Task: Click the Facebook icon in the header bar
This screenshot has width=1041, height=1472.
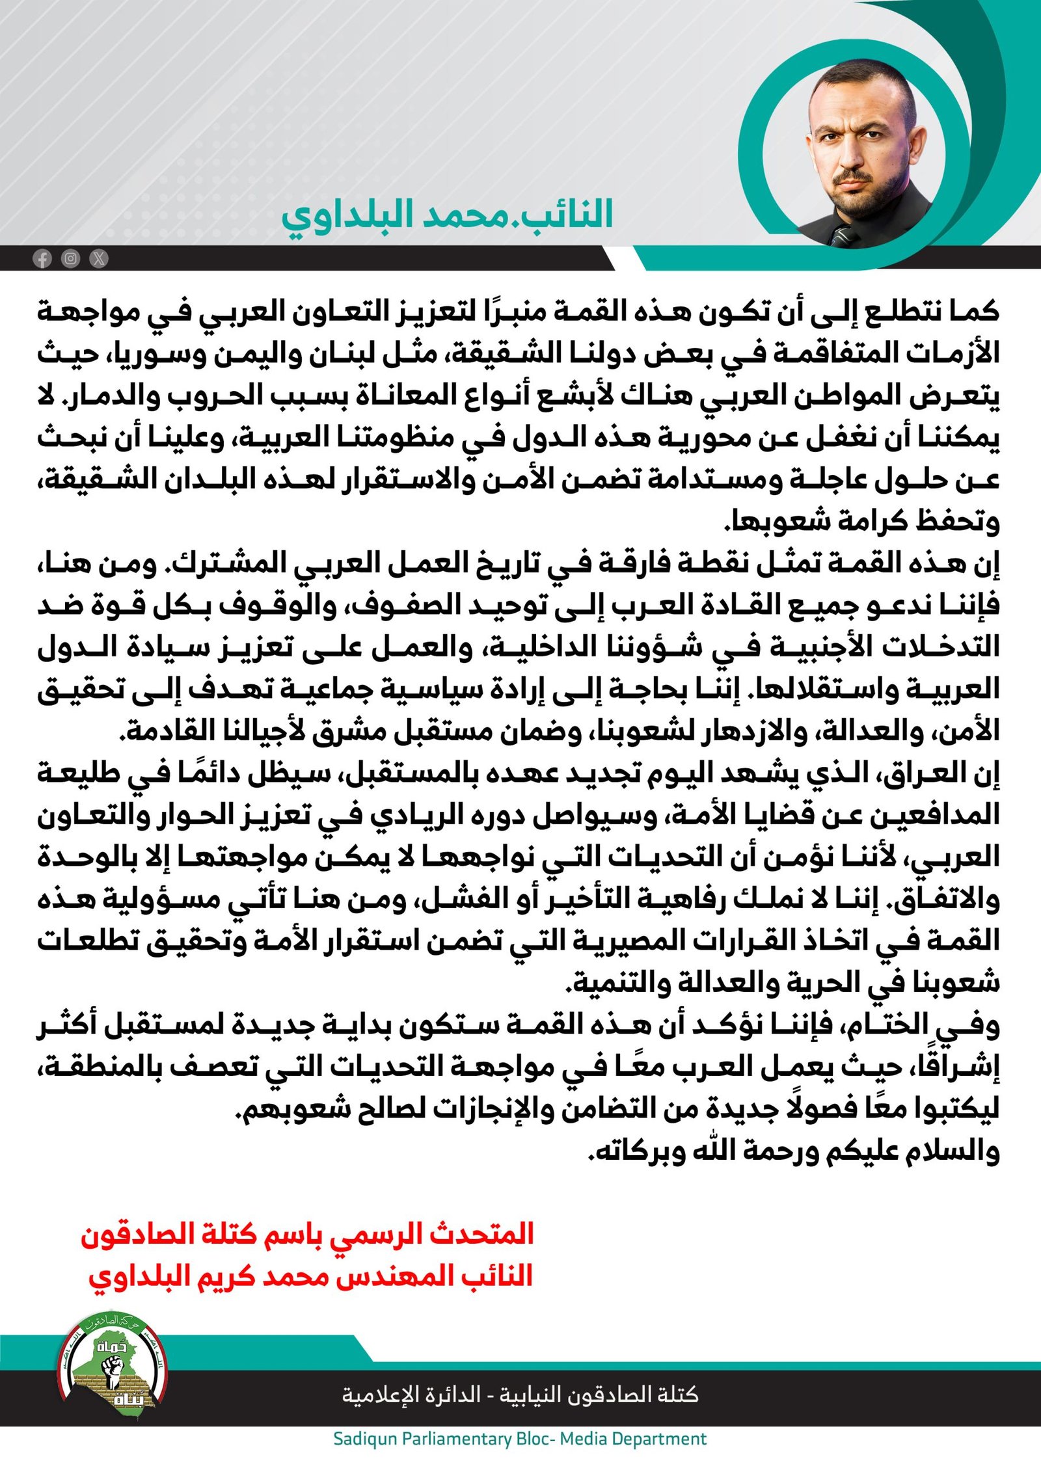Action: click(42, 259)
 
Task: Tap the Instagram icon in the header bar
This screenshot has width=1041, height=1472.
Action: click(70, 259)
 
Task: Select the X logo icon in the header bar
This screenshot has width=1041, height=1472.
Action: click(98, 259)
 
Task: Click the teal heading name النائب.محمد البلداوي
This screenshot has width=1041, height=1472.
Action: click(447, 215)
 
